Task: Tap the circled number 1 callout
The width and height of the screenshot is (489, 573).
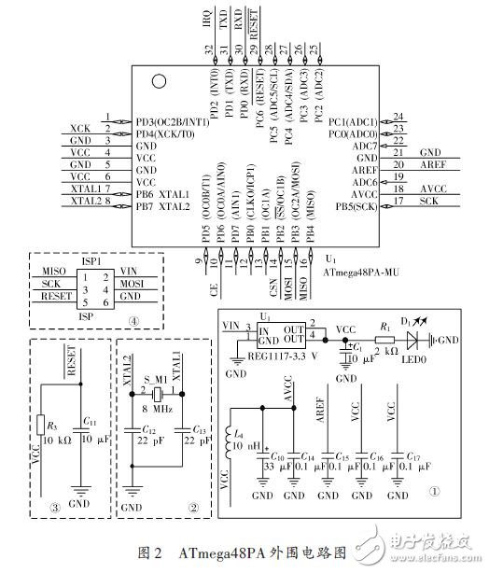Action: click(433, 492)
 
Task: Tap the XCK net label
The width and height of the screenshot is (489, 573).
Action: click(80, 126)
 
